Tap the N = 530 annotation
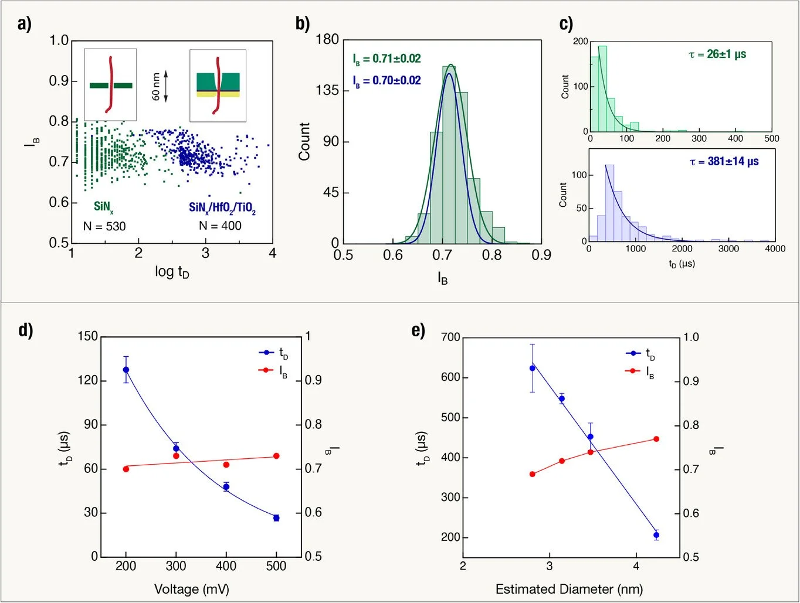(104, 226)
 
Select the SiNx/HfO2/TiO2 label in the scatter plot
(222, 207)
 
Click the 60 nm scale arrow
(165, 86)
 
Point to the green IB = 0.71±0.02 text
(387, 59)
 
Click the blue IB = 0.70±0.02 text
(387, 80)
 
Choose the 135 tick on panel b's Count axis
(327, 90)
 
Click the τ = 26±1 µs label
(717, 54)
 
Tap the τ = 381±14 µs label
(724, 161)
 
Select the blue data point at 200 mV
(126, 370)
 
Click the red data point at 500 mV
(276, 456)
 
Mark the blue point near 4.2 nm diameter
(656, 535)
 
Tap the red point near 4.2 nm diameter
(656, 439)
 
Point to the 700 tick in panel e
(451, 337)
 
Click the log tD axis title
(172, 272)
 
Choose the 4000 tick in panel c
(775, 249)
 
